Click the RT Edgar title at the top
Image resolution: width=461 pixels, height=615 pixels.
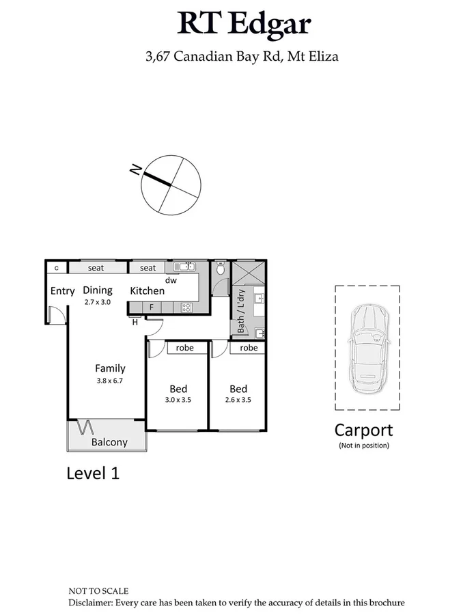(x=244, y=24)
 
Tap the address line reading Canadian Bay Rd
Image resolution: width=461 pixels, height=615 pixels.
(x=242, y=56)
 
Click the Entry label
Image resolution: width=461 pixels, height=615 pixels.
(x=62, y=291)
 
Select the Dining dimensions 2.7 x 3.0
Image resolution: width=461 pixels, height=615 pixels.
(x=97, y=301)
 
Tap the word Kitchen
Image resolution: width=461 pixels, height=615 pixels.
(x=147, y=291)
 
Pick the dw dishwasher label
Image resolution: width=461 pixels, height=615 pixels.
(x=171, y=279)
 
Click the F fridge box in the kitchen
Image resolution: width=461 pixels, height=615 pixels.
(x=152, y=307)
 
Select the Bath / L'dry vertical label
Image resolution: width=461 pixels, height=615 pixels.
(x=240, y=311)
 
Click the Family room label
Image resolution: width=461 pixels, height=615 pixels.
(x=110, y=368)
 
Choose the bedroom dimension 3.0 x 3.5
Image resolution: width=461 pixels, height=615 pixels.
(x=179, y=400)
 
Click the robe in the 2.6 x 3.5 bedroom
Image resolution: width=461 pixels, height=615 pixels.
(x=249, y=348)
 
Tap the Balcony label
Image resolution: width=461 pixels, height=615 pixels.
(x=109, y=442)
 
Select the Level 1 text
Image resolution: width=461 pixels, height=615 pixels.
(x=93, y=473)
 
